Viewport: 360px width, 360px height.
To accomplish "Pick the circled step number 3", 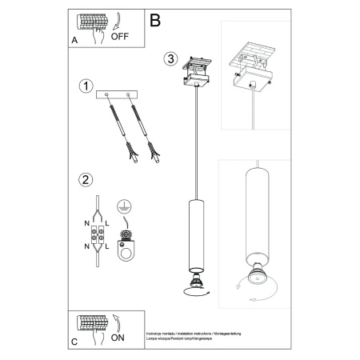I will click(x=170, y=58).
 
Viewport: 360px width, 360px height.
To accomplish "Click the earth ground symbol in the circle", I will click(x=124, y=206).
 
